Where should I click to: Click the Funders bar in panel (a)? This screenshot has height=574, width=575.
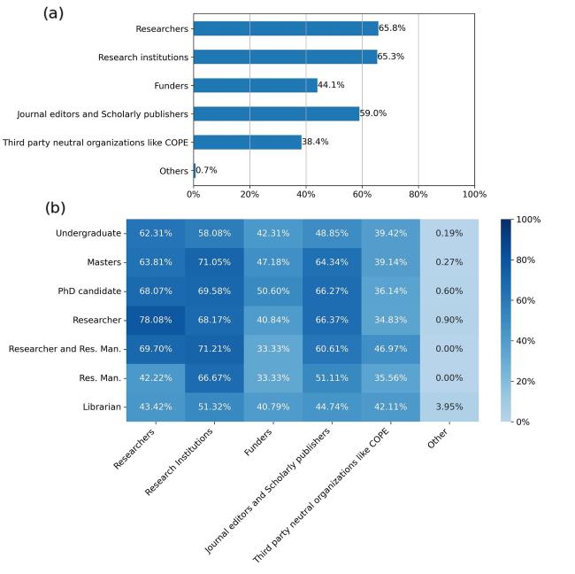tap(255, 85)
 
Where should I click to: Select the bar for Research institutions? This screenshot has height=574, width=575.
tap(285, 57)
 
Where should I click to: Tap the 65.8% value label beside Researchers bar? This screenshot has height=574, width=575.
tap(392, 28)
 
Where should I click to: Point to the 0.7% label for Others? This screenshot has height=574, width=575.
tap(206, 170)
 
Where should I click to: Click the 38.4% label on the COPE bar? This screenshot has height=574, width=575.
tap(315, 142)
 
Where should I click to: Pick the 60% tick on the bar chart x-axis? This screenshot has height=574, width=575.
tap(362, 194)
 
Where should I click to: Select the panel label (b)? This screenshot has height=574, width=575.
tap(56, 208)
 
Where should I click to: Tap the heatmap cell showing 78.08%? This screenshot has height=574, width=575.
tap(155, 320)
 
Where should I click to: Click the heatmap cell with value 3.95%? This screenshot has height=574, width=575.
tap(448, 407)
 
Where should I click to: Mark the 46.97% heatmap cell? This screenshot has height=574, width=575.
tap(390, 349)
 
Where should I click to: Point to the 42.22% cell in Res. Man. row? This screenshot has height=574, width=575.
tap(155, 378)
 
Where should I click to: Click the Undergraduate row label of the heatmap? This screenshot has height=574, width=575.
tap(88, 233)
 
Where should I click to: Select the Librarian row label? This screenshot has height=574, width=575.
tap(102, 407)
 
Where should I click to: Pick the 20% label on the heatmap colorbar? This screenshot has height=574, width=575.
tap(526, 381)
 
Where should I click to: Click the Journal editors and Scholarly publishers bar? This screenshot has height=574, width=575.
tap(276, 113)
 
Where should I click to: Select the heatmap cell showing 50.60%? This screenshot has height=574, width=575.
tap(272, 291)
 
